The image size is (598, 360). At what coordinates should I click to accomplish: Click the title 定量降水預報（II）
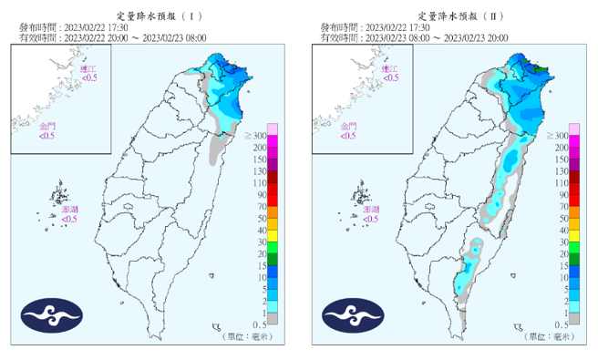coord(451,15)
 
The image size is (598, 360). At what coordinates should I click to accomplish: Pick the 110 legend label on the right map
coord(562,183)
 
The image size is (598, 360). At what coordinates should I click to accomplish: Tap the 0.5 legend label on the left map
coord(260,324)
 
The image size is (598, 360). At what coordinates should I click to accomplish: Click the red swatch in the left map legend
coord(273,189)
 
